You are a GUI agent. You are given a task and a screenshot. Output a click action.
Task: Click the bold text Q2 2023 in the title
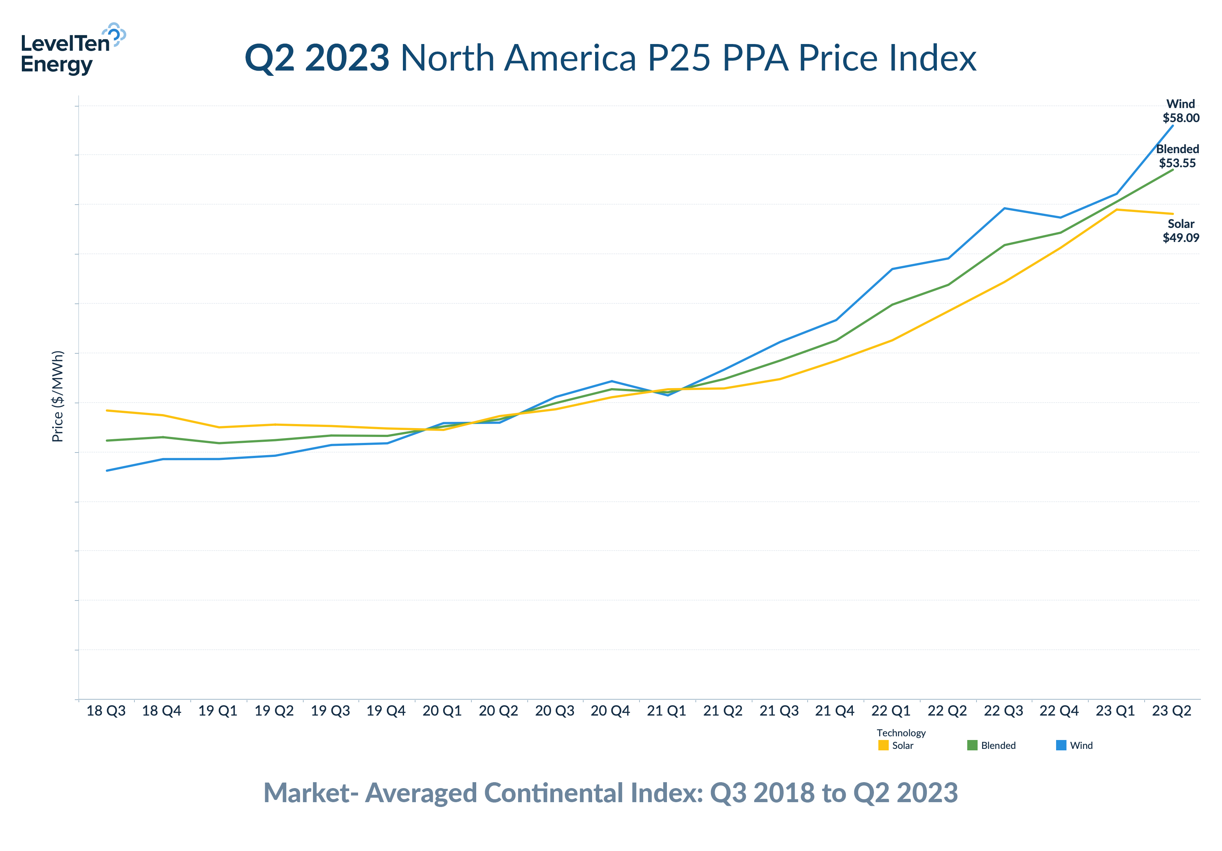[x=317, y=58]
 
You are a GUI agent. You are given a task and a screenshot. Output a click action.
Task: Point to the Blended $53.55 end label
[x=1177, y=156]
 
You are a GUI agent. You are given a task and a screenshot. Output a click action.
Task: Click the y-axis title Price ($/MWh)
[x=57, y=396]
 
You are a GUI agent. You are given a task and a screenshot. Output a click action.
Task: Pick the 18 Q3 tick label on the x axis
[x=106, y=710]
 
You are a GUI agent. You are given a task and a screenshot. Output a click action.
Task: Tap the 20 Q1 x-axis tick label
[x=442, y=710]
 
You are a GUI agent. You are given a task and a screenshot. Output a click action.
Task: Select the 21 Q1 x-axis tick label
[x=666, y=710]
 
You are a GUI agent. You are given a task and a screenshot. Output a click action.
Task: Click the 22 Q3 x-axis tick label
[x=1003, y=710]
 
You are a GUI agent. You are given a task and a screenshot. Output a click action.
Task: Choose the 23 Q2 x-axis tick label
[x=1171, y=710]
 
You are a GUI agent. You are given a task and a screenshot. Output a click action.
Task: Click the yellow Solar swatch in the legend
[x=883, y=745]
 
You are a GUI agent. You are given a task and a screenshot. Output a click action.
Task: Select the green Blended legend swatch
[x=972, y=745]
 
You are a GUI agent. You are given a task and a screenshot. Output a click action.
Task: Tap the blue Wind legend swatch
[x=1061, y=745]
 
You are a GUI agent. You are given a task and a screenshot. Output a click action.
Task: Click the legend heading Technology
[x=901, y=733]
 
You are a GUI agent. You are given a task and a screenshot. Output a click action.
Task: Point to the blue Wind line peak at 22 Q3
[x=1004, y=208]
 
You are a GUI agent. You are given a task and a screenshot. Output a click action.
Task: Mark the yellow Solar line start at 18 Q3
[x=107, y=410]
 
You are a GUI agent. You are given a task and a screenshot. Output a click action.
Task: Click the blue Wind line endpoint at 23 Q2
[x=1172, y=125]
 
